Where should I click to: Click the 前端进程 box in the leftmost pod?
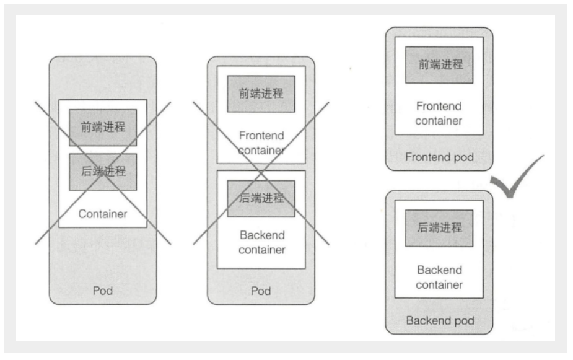pos(103,127)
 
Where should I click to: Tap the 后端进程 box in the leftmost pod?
pos(103,172)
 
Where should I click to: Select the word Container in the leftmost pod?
pos(103,214)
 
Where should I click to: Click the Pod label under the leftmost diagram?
pos(103,290)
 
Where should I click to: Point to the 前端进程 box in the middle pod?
pos(261,94)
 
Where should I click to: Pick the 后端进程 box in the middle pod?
pos(261,198)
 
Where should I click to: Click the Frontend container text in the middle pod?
pos(261,143)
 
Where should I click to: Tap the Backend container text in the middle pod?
pos(261,243)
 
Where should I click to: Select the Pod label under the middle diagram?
pos(261,291)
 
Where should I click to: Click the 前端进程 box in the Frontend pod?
pos(439,64)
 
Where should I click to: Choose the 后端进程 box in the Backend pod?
pos(439,228)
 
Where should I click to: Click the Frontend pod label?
pos(439,157)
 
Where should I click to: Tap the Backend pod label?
pos(439,321)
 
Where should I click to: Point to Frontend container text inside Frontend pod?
pos(439,113)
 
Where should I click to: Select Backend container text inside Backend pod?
pos(439,278)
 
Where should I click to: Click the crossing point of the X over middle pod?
pos(261,170)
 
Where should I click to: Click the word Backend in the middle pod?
pos(261,235)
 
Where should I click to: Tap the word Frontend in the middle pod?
pos(261,136)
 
